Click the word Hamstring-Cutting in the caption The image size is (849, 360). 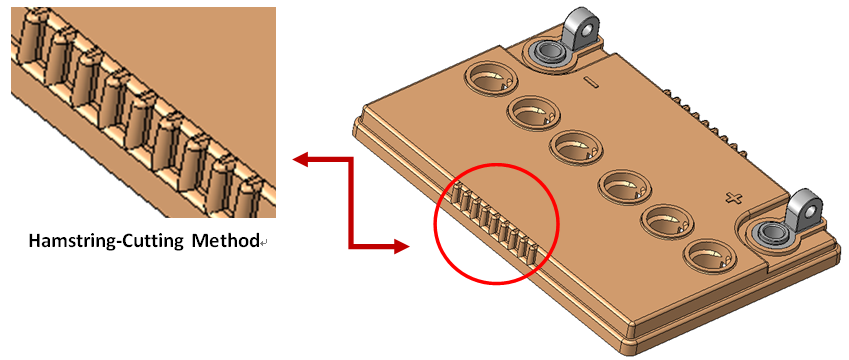(105, 241)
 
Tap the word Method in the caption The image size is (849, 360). (225, 240)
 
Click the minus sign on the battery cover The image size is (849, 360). (591, 83)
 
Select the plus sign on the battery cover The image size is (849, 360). (734, 199)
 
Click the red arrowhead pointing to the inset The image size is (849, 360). (300, 159)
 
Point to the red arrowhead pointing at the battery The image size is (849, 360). (401, 247)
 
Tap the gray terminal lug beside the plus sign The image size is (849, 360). (804, 211)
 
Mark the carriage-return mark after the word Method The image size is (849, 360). (264, 244)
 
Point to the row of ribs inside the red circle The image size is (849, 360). (493, 220)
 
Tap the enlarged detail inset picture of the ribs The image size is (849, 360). (143, 112)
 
